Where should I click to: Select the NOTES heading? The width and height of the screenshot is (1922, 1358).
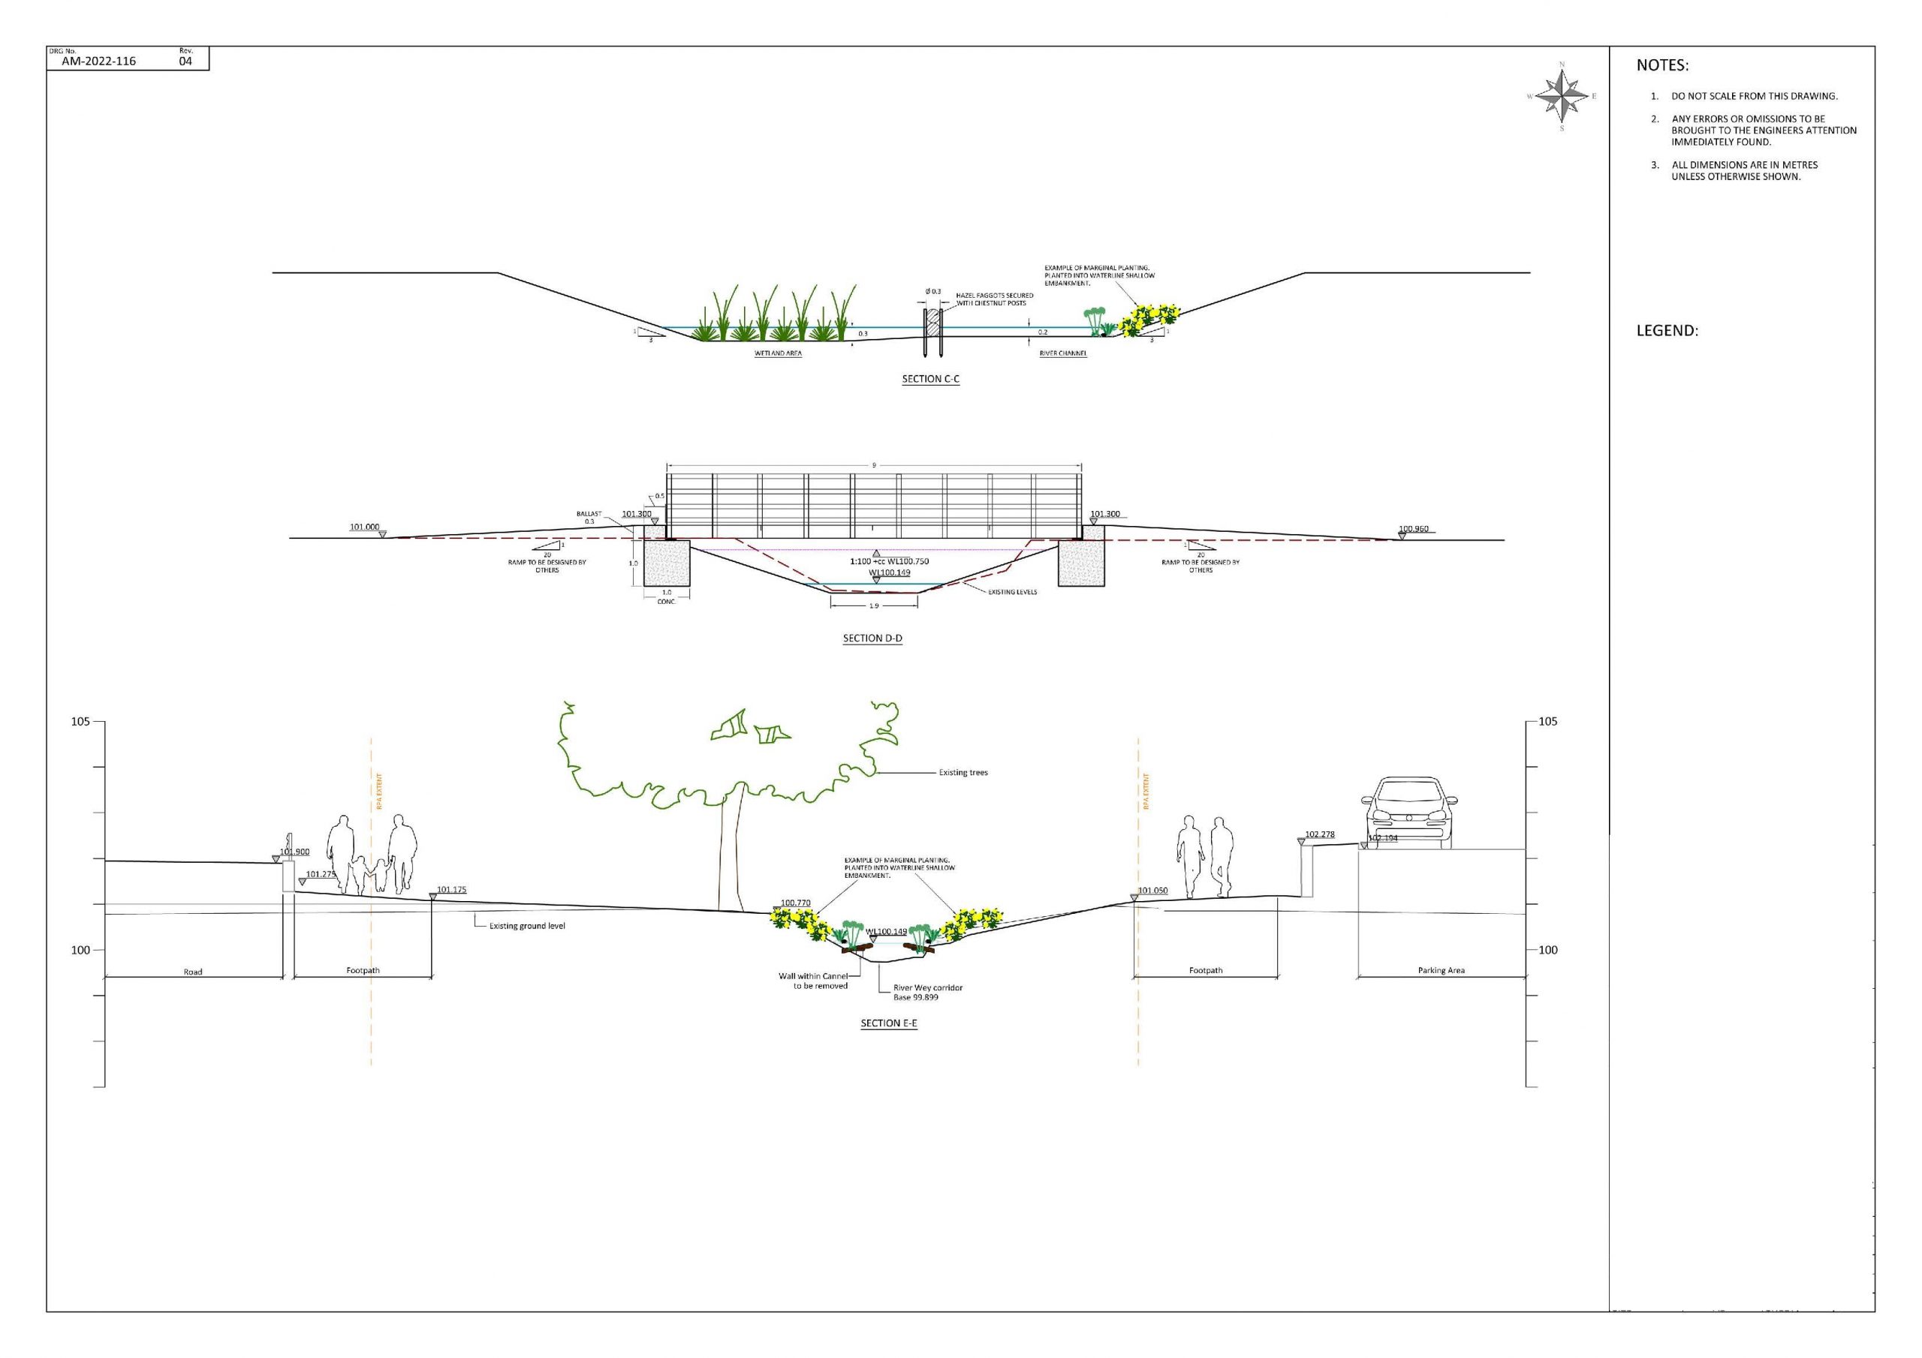tap(1662, 65)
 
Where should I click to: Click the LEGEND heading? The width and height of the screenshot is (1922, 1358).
tap(1667, 331)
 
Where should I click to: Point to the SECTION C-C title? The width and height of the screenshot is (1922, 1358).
tap(930, 379)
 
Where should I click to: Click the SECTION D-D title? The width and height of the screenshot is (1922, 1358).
tap(872, 638)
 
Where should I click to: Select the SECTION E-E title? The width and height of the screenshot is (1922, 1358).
tap(889, 1023)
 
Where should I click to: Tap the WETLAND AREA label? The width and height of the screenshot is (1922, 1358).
tap(778, 354)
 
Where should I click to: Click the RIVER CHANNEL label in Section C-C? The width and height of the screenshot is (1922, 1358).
tap(1062, 354)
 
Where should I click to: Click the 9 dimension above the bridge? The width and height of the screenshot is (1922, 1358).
tap(874, 465)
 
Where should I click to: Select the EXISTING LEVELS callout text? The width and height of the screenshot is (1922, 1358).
tap(1012, 591)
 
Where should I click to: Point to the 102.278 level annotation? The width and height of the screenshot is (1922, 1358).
tap(1319, 834)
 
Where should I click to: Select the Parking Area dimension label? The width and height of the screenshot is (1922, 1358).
tap(1441, 971)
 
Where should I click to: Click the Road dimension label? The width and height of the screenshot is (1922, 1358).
tap(192, 972)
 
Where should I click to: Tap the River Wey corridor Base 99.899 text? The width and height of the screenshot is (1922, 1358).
tap(927, 993)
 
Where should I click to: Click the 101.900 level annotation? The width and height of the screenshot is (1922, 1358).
tap(294, 852)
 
